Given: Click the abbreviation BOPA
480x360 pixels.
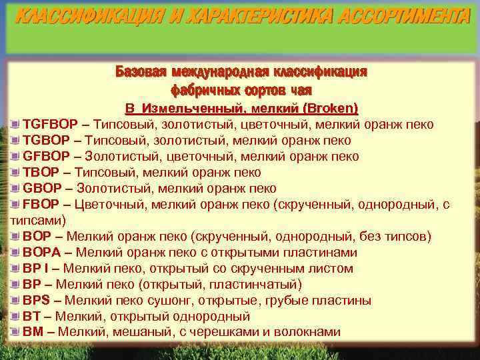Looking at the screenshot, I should click(41, 253).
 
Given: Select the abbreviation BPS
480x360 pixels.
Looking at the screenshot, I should click(37, 301).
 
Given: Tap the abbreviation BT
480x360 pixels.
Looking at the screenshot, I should click(31, 317).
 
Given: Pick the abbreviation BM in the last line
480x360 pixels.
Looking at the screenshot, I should click(33, 332).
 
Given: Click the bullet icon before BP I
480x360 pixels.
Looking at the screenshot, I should click(16, 269).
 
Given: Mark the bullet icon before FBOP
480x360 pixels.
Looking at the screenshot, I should click(16, 205).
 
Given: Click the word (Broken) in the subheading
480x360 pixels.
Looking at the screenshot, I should click(331, 108).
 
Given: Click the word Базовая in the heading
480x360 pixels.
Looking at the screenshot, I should click(141, 71).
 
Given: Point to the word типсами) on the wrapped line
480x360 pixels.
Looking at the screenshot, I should click(37, 220).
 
